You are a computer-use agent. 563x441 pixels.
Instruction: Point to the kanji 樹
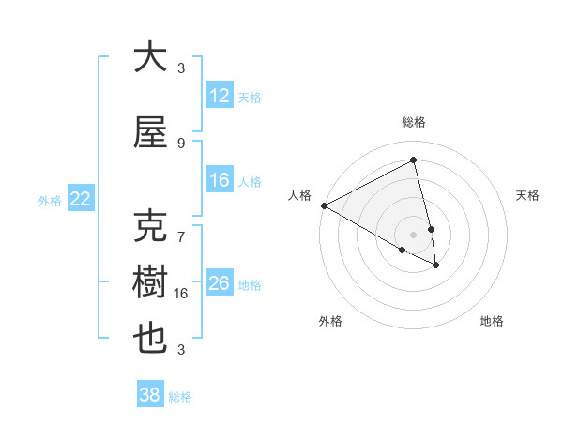click(150, 282)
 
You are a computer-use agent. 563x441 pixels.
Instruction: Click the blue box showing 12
click(220, 96)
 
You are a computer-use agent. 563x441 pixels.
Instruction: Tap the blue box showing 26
click(220, 283)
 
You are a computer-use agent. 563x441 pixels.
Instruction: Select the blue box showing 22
click(81, 199)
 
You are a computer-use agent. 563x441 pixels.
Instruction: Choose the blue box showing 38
click(150, 395)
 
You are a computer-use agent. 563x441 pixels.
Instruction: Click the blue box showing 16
click(220, 180)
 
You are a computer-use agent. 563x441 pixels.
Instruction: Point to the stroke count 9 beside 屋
click(181, 143)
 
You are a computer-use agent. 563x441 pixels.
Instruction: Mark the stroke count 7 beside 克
click(181, 228)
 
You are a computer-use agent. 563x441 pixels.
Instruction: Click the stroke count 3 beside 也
click(181, 350)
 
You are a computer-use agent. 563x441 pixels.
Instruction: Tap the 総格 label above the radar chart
click(414, 122)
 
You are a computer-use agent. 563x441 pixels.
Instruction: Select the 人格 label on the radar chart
click(299, 195)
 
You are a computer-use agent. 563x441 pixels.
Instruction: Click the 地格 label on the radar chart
click(492, 321)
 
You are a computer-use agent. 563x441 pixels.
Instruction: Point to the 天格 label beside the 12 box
click(250, 97)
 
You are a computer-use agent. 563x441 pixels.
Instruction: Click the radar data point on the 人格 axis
click(324, 205)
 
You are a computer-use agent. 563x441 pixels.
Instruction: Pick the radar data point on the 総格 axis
click(414, 160)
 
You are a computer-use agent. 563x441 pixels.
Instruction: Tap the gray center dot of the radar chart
click(414, 234)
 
